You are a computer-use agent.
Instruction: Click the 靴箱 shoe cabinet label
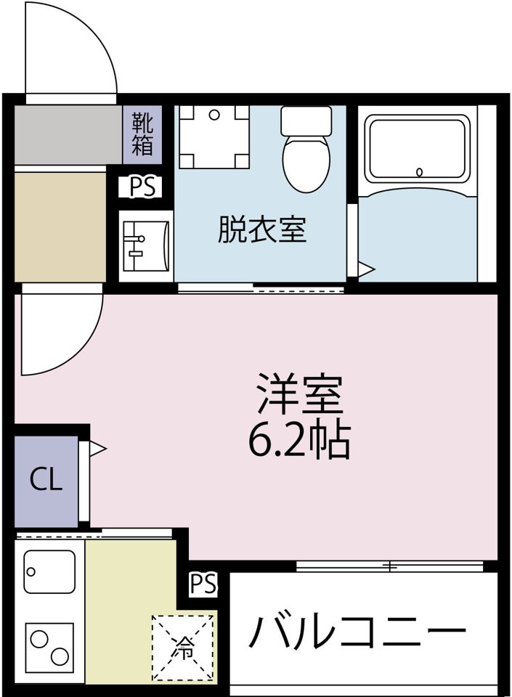tap(142, 134)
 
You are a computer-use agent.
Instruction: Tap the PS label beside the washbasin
tap(142, 187)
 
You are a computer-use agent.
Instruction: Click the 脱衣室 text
tap(262, 229)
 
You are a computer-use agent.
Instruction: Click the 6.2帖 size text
tap(299, 439)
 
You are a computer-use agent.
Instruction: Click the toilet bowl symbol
tap(306, 163)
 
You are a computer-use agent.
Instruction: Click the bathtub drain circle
tap(419, 172)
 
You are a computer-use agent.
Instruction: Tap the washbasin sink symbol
tap(145, 245)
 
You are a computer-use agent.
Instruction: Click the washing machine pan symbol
tap(214, 136)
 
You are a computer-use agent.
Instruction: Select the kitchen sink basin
tap(49, 571)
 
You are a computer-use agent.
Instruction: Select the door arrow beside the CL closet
tap(97, 448)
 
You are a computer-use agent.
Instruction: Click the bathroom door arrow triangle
tap(365, 270)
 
